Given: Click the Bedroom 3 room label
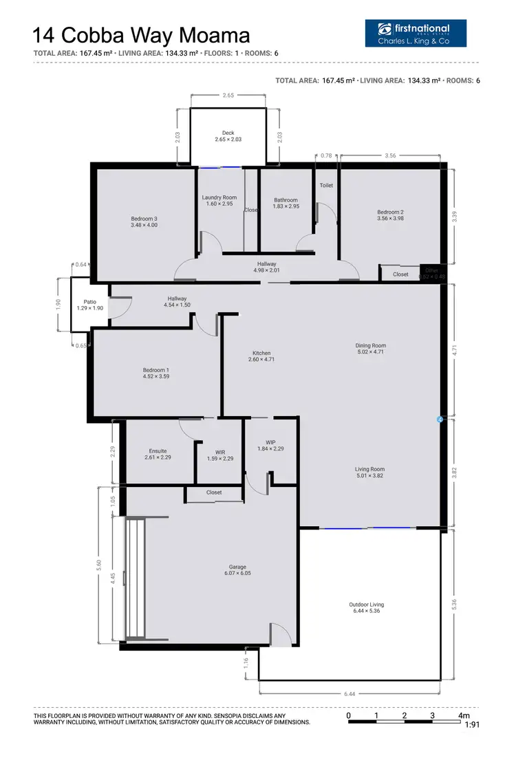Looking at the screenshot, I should pyautogui.click(x=144, y=219).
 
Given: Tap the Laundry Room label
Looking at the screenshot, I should pyautogui.click(x=219, y=197).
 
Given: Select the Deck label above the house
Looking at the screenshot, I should pyautogui.click(x=228, y=133).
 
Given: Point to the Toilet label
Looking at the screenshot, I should pyautogui.click(x=326, y=186).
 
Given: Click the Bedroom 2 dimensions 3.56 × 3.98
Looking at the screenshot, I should pyautogui.click(x=390, y=219).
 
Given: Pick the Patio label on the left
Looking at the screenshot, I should pyautogui.click(x=90, y=301).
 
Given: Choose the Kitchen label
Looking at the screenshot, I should pyautogui.click(x=261, y=353).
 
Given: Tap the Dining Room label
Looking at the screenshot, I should pyautogui.click(x=370, y=345).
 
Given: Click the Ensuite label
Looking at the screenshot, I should pyautogui.click(x=158, y=451).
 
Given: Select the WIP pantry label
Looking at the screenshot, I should pyautogui.click(x=270, y=442).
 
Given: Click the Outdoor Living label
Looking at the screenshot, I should pyautogui.click(x=367, y=605).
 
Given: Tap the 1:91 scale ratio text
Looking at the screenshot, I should pyautogui.click(x=472, y=725).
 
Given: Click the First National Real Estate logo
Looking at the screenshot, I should pyautogui.click(x=416, y=32).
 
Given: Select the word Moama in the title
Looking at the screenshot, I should pyautogui.click(x=216, y=36).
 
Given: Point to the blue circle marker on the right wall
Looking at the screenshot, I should pyautogui.click(x=440, y=418).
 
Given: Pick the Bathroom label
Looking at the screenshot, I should pyautogui.click(x=286, y=200).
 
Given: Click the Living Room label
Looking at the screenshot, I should pyautogui.click(x=370, y=469).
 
